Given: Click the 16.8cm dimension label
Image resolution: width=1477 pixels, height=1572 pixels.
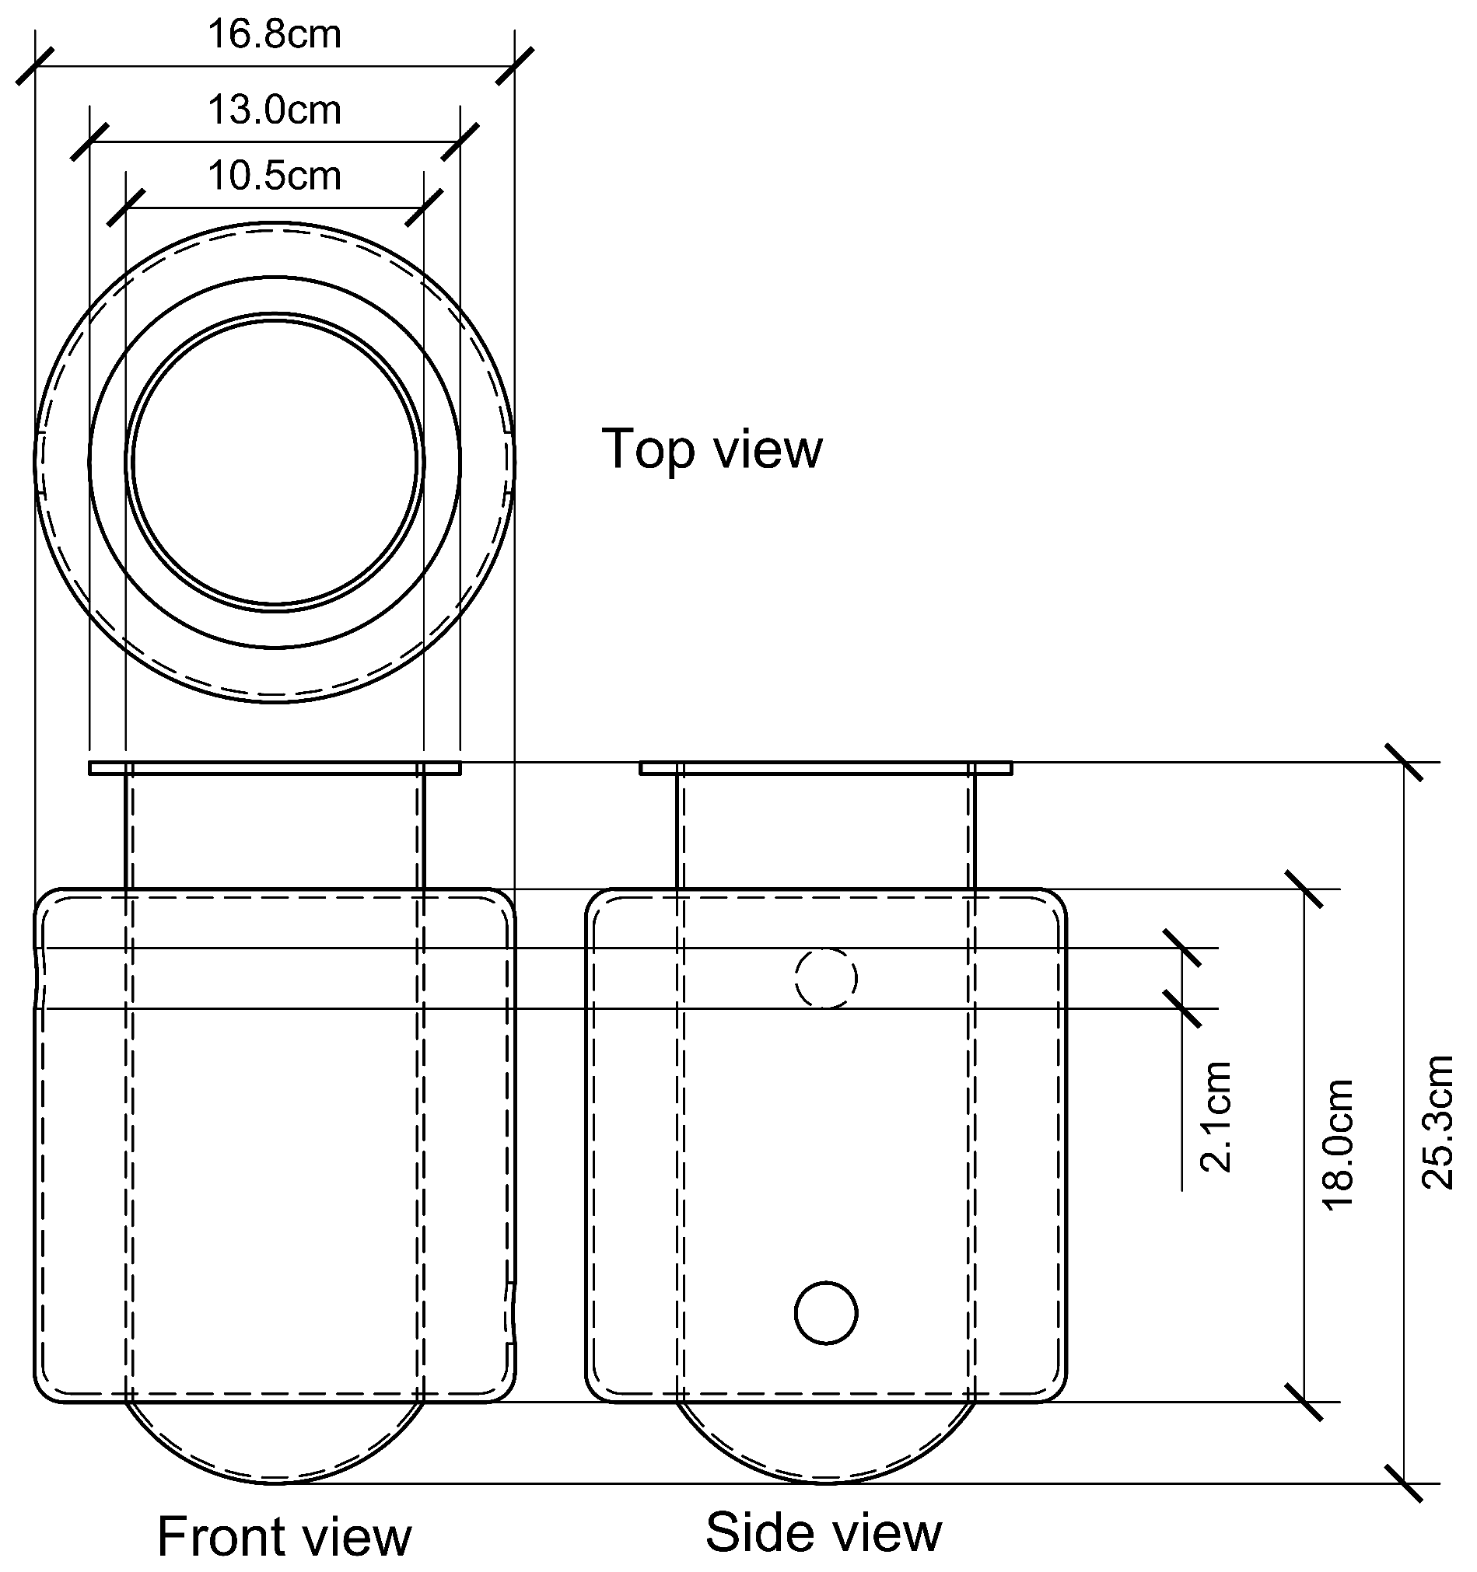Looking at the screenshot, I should (x=274, y=35).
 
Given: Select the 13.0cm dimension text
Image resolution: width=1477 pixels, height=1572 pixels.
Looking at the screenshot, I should (x=274, y=110).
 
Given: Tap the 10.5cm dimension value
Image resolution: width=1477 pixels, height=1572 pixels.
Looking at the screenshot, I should (x=274, y=176).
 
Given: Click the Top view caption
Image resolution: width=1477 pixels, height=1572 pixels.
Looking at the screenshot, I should (x=712, y=449).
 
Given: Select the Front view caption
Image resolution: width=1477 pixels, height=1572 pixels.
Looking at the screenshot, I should (x=284, y=1536).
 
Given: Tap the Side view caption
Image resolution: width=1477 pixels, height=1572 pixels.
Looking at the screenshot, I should (x=824, y=1532).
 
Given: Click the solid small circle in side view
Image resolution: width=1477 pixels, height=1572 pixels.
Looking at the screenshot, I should (x=826, y=1312).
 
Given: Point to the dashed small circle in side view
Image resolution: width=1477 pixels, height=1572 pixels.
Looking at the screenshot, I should (x=826, y=978).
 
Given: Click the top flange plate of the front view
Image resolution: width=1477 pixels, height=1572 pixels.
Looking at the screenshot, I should (x=274, y=768).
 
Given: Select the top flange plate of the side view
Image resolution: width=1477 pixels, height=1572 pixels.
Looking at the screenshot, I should (x=825, y=768).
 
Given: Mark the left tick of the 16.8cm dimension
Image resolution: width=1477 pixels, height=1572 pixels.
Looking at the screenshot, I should (x=36, y=66).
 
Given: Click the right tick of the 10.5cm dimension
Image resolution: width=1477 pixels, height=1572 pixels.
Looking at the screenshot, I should (x=424, y=208).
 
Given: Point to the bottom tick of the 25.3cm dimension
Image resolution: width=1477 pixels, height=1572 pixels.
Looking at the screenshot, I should (x=1404, y=1483).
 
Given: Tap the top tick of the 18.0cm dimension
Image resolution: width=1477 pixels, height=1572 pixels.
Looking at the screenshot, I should (x=1304, y=889).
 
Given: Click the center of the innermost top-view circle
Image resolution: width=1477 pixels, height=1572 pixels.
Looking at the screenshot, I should (x=275, y=462).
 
